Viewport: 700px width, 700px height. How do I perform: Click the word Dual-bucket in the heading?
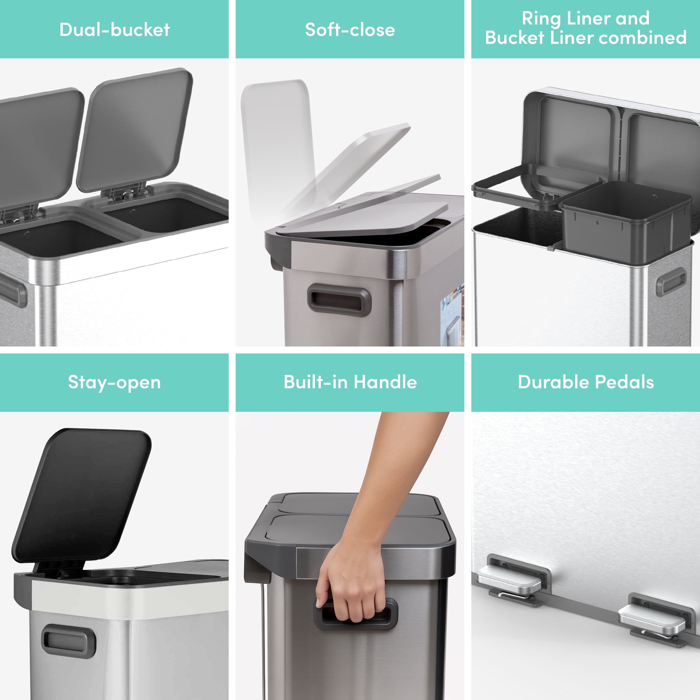(115, 30)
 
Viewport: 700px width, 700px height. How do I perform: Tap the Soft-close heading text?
(350, 30)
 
